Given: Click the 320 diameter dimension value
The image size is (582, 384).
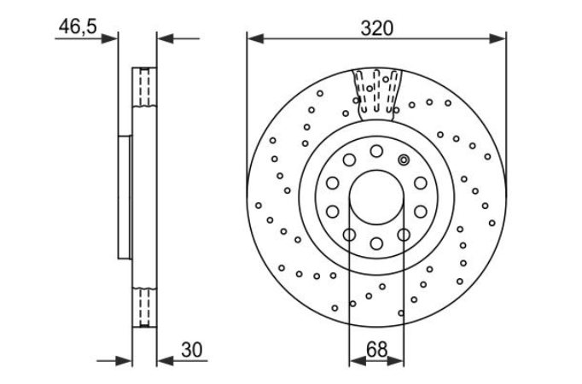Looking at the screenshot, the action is click(376, 28).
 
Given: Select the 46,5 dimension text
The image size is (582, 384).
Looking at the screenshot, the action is click(78, 26).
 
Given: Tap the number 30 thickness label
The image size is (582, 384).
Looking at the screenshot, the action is click(192, 350).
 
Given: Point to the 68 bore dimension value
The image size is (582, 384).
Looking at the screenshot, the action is click(376, 350).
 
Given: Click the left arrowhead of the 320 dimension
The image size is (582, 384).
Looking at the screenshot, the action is click(255, 38).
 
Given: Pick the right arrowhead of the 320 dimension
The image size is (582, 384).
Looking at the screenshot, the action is click(498, 38).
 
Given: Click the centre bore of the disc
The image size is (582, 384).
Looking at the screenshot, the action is click(376, 197).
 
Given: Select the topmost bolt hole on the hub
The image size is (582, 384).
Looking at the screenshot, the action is click(376, 151).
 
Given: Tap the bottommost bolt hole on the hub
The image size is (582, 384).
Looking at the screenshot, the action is click(376, 244).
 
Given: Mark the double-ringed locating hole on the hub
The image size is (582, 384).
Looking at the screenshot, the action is click(404, 160).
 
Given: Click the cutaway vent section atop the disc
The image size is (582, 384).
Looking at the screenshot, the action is click(376, 95).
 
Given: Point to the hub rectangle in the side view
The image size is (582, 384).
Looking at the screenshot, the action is click(125, 197).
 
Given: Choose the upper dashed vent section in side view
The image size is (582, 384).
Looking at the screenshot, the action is click(145, 88).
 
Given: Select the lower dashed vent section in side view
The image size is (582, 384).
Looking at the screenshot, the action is click(145, 307).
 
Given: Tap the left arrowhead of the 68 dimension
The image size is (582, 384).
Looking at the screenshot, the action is click(358, 360).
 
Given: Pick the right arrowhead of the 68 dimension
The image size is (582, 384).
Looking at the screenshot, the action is click(396, 360).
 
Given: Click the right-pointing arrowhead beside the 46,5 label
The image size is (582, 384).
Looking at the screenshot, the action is click(110, 38).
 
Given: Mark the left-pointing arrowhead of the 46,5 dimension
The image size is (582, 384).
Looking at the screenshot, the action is click(165, 38).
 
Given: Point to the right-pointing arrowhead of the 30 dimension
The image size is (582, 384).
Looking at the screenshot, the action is click(125, 360).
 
